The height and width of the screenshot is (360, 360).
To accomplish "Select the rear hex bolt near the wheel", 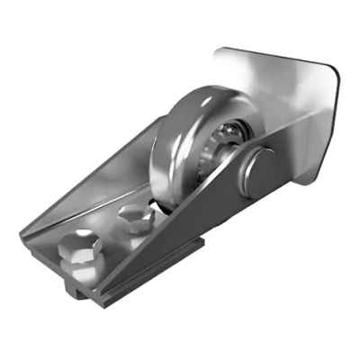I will point(136,217).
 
